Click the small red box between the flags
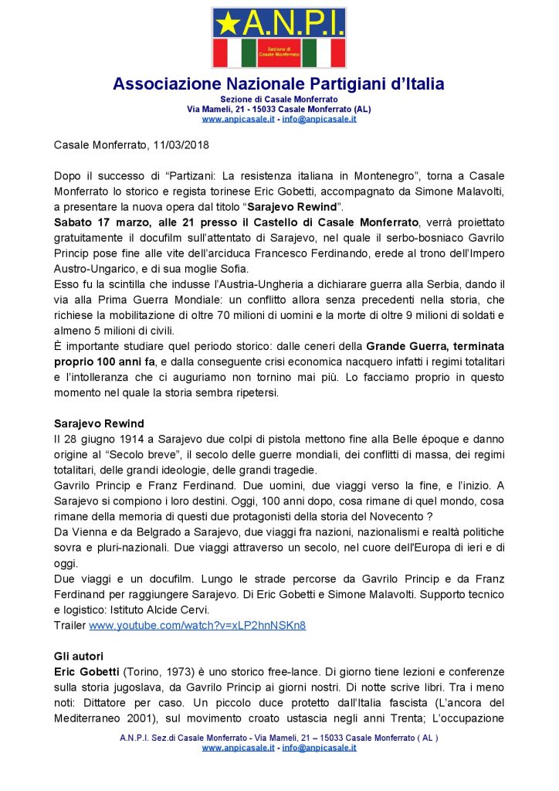[279, 52]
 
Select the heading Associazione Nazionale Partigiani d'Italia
[279, 84]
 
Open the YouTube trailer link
[197, 626]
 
